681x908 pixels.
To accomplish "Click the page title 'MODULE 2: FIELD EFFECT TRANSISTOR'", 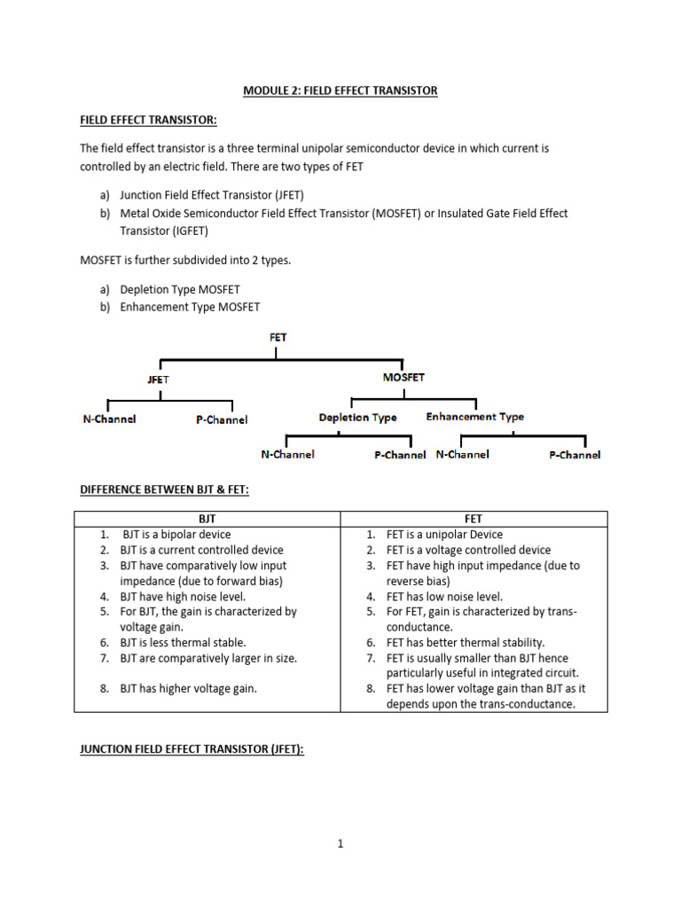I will pyautogui.click(x=340, y=91).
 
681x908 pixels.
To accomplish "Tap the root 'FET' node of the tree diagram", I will pyautogui.click(x=278, y=337).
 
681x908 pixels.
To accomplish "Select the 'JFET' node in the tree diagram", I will pyautogui.click(x=158, y=380).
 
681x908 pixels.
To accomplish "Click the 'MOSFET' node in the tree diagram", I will pyautogui.click(x=403, y=377).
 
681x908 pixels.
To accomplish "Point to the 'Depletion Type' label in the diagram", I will pyautogui.click(x=358, y=418).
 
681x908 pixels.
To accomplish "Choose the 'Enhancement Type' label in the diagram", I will pyautogui.click(x=475, y=417).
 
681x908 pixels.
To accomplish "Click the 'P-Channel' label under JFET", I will pyautogui.click(x=222, y=420).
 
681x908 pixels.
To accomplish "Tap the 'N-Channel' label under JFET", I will pyautogui.click(x=109, y=419).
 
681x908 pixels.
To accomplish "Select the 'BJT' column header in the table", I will pyautogui.click(x=207, y=519).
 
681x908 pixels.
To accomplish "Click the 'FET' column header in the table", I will pyautogui.click(x=473, y=519).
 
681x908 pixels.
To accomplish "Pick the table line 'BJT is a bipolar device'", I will pyautogui.click(x=176, y=535).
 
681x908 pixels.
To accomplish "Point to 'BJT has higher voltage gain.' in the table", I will pyautogui.click(x=189, y=688).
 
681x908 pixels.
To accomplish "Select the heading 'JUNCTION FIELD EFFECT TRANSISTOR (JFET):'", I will pyautogui.click(x=192, y=750).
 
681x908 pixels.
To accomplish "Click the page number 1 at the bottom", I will pyautogui.click(x=340, y=844).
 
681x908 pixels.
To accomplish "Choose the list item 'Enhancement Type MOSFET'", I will pyautogui.click(x=190, y=307).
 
